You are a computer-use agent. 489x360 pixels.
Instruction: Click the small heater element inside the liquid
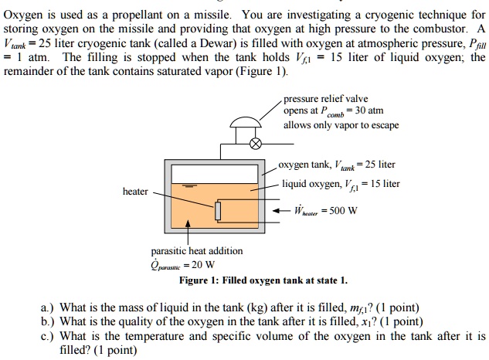(219, 209)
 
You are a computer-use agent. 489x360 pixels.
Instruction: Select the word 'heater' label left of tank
(136, 191)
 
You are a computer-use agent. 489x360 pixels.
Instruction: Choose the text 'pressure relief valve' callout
(325, 99)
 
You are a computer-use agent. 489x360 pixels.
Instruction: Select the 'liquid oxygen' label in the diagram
(310, 184)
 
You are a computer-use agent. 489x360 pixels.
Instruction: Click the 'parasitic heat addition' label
(196, 250)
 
